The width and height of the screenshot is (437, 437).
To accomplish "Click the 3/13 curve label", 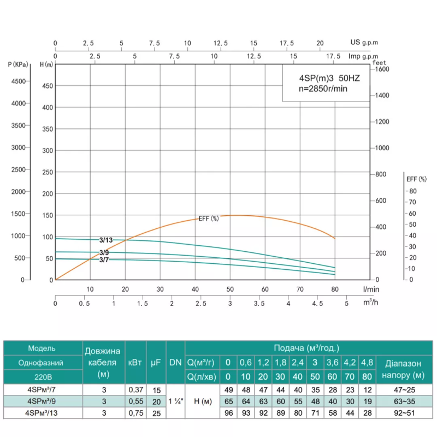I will [x=107, y=240].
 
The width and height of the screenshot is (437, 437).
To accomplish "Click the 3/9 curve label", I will [x=104, y=252].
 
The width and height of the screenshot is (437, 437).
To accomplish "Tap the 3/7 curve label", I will [x=104, y=259].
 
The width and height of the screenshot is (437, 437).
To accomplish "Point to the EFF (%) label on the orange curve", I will [x=208, y=218].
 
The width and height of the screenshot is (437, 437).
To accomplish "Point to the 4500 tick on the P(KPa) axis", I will [x=18, y=81].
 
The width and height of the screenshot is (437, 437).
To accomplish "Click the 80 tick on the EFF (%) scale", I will [x=413, y=191].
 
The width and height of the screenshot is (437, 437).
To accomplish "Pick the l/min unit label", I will [x=369, y=288].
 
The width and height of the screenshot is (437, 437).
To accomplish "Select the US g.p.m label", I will [x=364, y=42].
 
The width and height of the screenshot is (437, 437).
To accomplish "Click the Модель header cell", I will [x=42, y=348].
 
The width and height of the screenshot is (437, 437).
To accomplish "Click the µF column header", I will [x=155, y=362].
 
